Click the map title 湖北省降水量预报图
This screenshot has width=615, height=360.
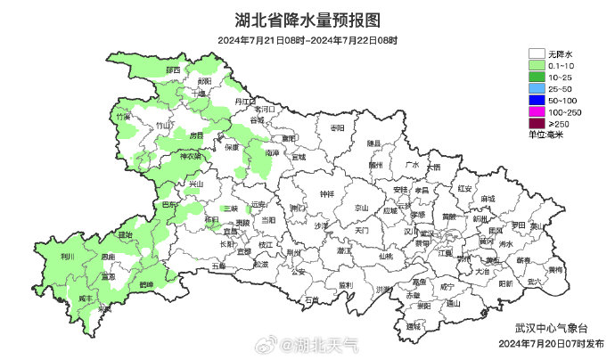[x=307, y=20]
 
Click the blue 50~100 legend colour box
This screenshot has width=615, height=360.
[x=537, y=100]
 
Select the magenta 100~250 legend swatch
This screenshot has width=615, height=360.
[x=537, y=111]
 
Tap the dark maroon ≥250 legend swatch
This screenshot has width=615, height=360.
[x=537, y=123]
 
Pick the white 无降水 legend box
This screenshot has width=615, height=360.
[x=537, y=53]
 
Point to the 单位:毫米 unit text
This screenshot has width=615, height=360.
[x=546, y=134]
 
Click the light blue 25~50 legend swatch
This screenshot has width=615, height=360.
[x=537, y=88]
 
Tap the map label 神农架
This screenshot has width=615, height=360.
[x=192, y=156]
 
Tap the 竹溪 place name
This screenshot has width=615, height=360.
[x=122, y=117]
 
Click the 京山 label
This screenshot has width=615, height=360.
[x=361, y=207]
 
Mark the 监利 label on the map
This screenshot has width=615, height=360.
[x=344, y=284]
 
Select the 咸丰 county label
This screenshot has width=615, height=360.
[x=86, y=298]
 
